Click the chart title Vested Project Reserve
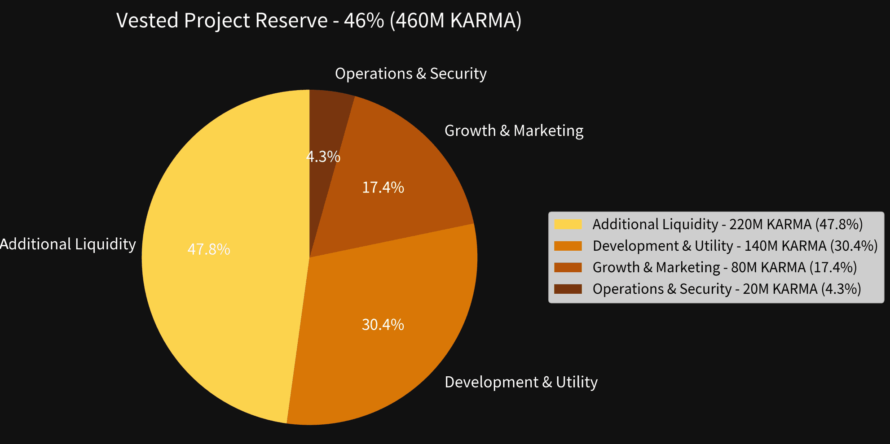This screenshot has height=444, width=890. pyautogui.click(x=319, y=21)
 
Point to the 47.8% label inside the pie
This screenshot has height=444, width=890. pyautogui.click(x=209, y=249)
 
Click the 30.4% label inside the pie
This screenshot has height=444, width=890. pyautogui.click(x=383, y=325)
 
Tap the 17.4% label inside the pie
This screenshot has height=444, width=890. pyautogui.click(x=383, y=187)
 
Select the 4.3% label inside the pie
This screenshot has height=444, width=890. pyautogui.click(x=323, y=157)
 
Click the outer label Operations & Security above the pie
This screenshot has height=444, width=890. pyautogui.click(x=410, y=74)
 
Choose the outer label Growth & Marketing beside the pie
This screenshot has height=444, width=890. pyautogui.click(x=514, y=131)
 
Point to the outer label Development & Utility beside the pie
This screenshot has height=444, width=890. pyautogui.click(x=521, y=382)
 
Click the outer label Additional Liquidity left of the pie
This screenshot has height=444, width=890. pyautogui.click(x=68, y=244)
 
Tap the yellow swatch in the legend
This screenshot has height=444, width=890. pyautogui.click(x=568, y=224)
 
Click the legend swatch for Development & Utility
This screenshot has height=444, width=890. pyautogui.click(x=568, y=246)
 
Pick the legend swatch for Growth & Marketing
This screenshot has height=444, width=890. pyautogui.click(x=568, y=267)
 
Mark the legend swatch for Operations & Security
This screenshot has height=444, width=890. pyautogui.click(x=568, y=289)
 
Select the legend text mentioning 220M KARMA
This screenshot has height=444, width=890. pyautogui.click(x=727, y=224)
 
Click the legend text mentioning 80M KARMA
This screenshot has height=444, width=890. pyautogui.click(x=725, y=267)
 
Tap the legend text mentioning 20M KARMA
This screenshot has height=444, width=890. pyautogui.click(x=727, y=289)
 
